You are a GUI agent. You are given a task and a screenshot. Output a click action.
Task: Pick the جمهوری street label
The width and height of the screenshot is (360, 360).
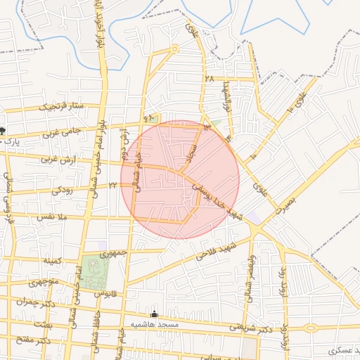point(113,253)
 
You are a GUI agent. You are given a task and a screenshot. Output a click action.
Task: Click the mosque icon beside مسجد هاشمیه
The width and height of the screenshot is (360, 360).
point(155,314)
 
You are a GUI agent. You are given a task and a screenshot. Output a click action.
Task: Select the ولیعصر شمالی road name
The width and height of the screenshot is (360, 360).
point(248,278)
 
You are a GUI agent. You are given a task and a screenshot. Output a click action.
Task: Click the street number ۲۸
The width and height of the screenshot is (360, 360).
point(209,79)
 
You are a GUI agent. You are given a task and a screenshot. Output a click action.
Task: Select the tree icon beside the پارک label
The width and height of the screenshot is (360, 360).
point(4,130)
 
